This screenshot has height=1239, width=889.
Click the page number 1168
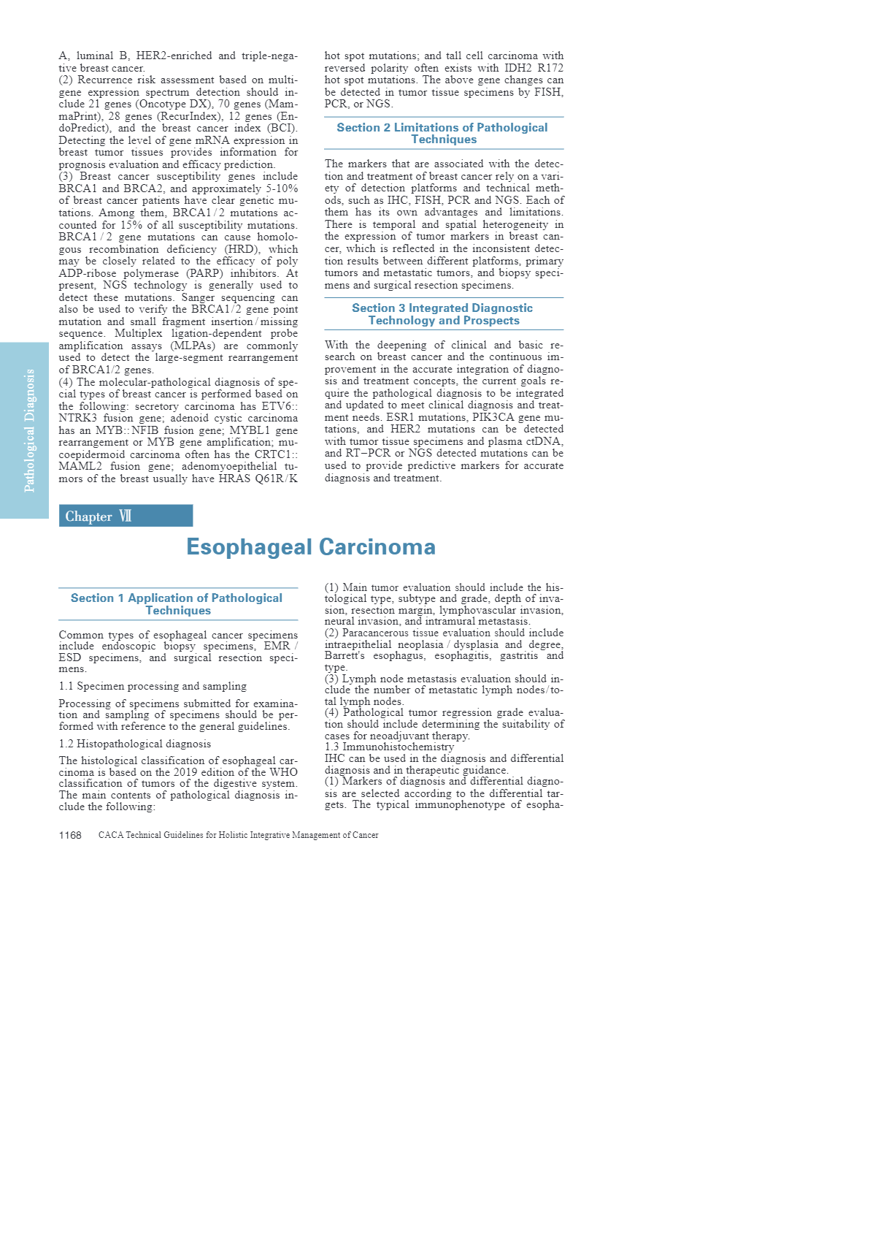click(x=70, y=835)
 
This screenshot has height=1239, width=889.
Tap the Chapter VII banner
click(x=126, y=516)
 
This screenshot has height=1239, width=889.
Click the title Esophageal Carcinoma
click(x=311, y=546)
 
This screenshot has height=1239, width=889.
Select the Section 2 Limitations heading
click(x=442, y=133)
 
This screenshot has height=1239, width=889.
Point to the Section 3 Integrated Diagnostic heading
click(x=442, y=314)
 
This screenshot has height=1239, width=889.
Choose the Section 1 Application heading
click(x=177, y=603)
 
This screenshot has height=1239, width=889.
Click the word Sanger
click(x=199, y=297)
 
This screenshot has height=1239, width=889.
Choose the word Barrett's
click(x=345, y=655)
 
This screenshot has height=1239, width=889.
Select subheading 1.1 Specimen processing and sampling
click(x=153, y=686)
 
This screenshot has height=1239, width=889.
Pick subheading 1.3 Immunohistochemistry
click(x=389, y=747)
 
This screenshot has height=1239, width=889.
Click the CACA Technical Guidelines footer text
click(x=238, y=835)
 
